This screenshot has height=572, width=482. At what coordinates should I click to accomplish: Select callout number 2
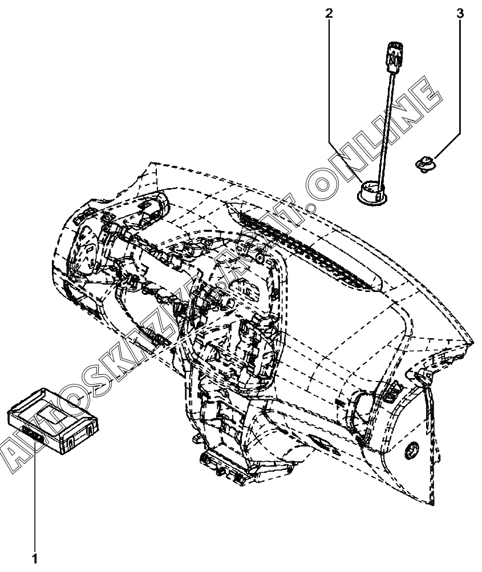point(329,13)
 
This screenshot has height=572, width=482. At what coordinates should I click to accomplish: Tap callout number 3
point(461,13)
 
